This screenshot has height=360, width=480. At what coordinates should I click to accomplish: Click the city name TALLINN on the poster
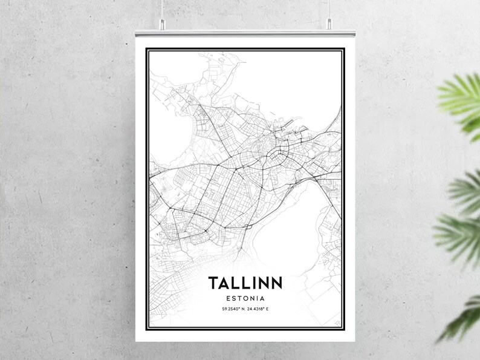[x=245, y=283]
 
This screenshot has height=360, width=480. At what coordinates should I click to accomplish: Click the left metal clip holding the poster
[x=161, y=24]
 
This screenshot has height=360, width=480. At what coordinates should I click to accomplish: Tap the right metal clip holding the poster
[x=329, y=24]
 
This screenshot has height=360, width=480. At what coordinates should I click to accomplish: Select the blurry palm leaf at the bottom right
[x=462, y=318]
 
